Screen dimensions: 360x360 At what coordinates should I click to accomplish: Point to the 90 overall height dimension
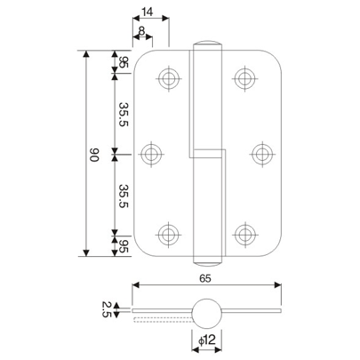pos(94,155)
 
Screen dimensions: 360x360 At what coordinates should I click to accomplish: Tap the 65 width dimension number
pos(206,278)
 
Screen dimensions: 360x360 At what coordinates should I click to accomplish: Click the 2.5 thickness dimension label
pos(106,310)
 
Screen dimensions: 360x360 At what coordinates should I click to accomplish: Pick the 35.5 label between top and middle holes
pos(124,115)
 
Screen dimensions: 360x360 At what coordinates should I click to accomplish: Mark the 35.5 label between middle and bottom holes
pos(124,193)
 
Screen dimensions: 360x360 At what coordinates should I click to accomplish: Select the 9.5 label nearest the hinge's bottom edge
pos(124,245)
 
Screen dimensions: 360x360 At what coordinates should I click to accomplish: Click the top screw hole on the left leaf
pos(169,77)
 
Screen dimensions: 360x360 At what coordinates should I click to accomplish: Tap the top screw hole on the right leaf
pos(243,77)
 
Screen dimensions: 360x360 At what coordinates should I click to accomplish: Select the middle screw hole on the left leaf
pos(153,154)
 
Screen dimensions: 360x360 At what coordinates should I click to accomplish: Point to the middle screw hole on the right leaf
pos(260,154)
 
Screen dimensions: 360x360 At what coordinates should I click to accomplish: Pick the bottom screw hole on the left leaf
pos(169,234)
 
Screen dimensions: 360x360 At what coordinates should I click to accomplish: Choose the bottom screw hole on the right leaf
pos(243,234)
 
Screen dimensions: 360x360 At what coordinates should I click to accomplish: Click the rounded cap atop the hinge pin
pos(206,44)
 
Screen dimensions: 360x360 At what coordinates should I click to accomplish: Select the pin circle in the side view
pos(205,314)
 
